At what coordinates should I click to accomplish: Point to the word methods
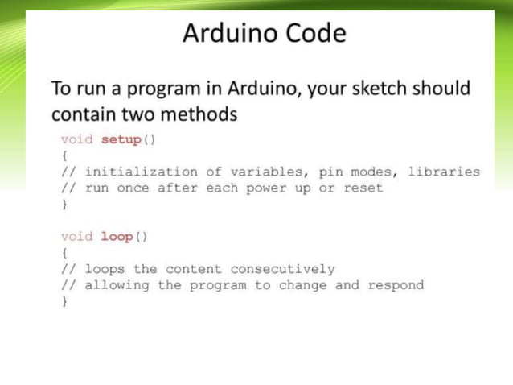point(203,114)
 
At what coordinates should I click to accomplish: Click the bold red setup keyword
point(121,139)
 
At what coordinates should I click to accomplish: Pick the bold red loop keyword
point(117,237)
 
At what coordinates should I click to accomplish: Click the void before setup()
point(77,139)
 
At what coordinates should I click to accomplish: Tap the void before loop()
point(77,237)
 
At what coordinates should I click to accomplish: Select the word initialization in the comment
point(142,172)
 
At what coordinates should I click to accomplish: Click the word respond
point(396,285)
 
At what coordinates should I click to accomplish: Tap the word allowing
point(117,285)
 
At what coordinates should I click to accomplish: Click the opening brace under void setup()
point(64,155)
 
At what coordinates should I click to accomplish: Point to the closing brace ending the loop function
point(64,301)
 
